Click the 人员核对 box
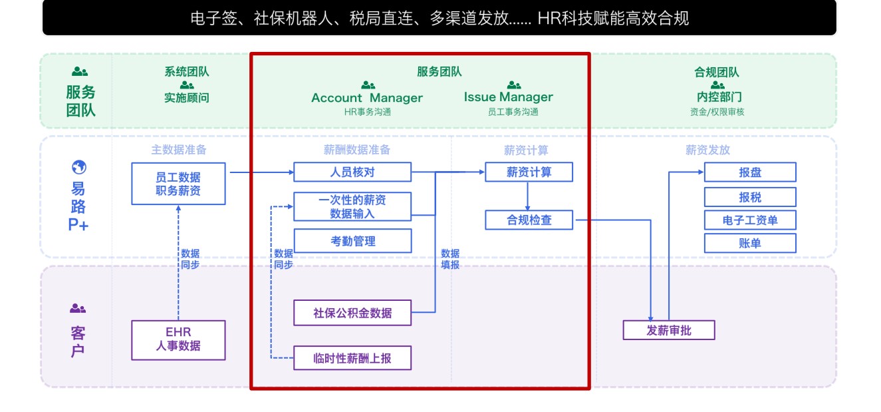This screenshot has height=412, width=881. click(352, 172)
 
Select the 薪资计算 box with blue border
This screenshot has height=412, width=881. click(529, 172)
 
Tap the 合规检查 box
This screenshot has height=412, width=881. click(529, 220)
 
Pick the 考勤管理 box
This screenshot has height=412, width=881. click(352, 241)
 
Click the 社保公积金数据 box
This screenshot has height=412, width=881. click(352, 313)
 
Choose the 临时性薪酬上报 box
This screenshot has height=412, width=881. click(352, 359)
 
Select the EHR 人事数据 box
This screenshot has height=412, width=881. click(178, 340)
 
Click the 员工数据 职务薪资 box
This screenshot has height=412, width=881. click(178, 184)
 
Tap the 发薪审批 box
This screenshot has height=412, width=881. click(668, 330)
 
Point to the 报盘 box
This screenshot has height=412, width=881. click(750, 172)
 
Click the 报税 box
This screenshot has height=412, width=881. click(750, 197)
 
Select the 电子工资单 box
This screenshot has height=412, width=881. click(750, 220)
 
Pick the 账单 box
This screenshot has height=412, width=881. click(750, 243)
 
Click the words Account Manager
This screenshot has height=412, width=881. click(367, 98)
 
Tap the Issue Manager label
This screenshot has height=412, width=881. click(508, 97)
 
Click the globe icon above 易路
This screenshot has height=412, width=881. click(78, 167)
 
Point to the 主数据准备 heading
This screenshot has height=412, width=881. click(179, 150)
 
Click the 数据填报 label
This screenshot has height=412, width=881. click(450, 259)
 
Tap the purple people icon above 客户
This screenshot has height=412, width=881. click(78, 308)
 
